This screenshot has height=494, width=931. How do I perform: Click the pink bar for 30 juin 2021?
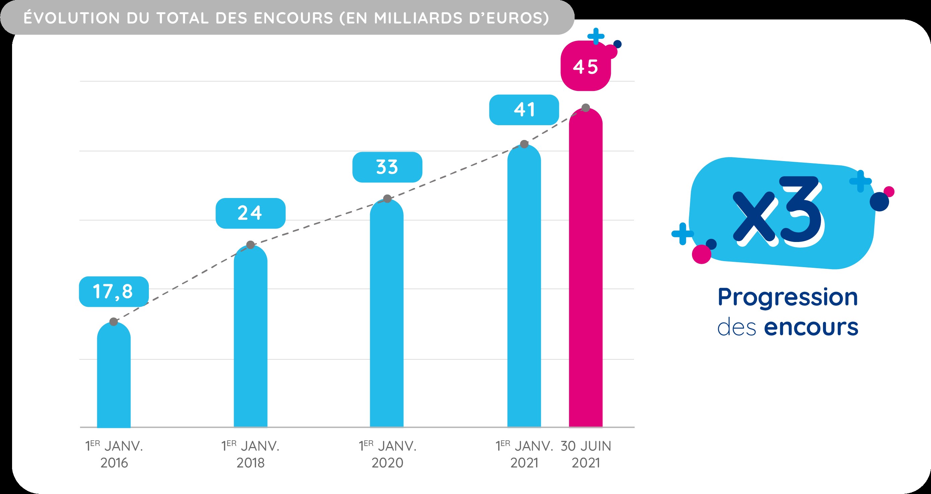[x=585, y=275]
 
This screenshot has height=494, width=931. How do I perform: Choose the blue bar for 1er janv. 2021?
[x=524, y=290]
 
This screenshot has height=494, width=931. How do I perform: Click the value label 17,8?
[x=114, y=292]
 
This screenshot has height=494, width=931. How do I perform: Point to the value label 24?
[x=250, y=213]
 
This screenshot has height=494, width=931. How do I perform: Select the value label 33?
[x=387, y=167]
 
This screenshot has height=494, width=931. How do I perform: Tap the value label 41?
[x=524, y=110]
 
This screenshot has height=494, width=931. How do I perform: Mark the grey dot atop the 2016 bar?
[x=114, y=322]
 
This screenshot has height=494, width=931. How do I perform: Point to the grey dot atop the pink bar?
[x=586, y=108]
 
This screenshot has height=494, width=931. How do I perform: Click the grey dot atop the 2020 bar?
[x=387, y=199]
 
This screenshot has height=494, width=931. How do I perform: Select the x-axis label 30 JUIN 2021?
[x=586, y=454]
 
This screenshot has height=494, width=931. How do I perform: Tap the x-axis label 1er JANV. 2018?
[x=250, y=454]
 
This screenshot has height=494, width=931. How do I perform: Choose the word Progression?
[x=788, y=297]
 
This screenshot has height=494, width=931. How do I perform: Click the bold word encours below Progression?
[x=811, y=327]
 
